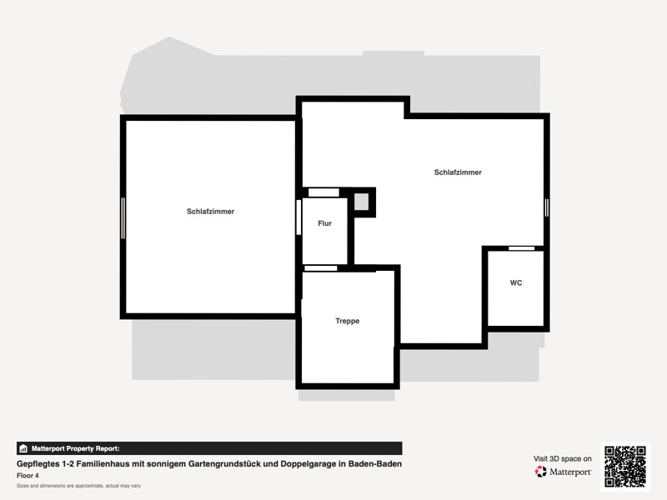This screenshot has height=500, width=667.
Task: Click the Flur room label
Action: (x=324, y=223)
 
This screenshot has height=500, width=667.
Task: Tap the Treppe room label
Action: (x=347, y=321)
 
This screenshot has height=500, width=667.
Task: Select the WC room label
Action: (x=516, y=282)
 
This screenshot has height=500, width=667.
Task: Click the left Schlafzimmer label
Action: (x=211, y=212)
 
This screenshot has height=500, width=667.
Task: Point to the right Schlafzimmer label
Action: (x=458, y=172)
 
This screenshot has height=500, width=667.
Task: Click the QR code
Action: (x=624, y=467)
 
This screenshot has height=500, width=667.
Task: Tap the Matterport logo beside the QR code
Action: (x=563, y=472)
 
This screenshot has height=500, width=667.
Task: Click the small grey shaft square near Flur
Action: (x=362, y=202)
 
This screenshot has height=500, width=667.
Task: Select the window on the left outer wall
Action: (x=123, y=217)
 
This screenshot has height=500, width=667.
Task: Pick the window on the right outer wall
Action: (x=547, y=207)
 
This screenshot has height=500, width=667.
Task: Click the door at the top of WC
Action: (x=522, y=248)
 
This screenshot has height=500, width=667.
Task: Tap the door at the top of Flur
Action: (x=323, y=192)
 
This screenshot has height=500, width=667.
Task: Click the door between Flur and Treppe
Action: (x=321, y=268)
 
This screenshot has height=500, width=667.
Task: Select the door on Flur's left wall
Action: (x=298, y=217)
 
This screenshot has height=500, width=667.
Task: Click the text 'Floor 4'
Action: (x=28, y=475)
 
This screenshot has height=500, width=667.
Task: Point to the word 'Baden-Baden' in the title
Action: (x=374, y=463)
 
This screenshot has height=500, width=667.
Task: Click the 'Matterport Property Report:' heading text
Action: (x=76, y=448)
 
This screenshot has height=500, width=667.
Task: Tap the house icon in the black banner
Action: (x=23, y=448)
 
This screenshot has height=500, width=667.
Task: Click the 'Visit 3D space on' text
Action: (x=562, y=459)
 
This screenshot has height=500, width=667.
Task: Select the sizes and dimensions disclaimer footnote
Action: (x=78, y=486)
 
